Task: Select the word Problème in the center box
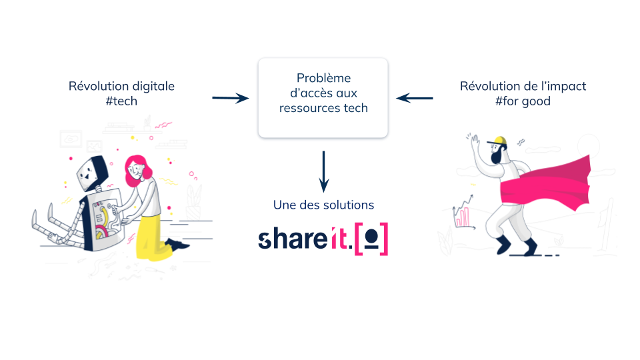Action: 323,79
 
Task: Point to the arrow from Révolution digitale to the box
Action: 230,99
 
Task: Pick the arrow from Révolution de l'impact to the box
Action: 415,99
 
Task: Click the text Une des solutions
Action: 323,205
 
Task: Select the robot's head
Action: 89,172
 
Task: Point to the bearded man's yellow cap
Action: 498,141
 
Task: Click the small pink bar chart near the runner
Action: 462,217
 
